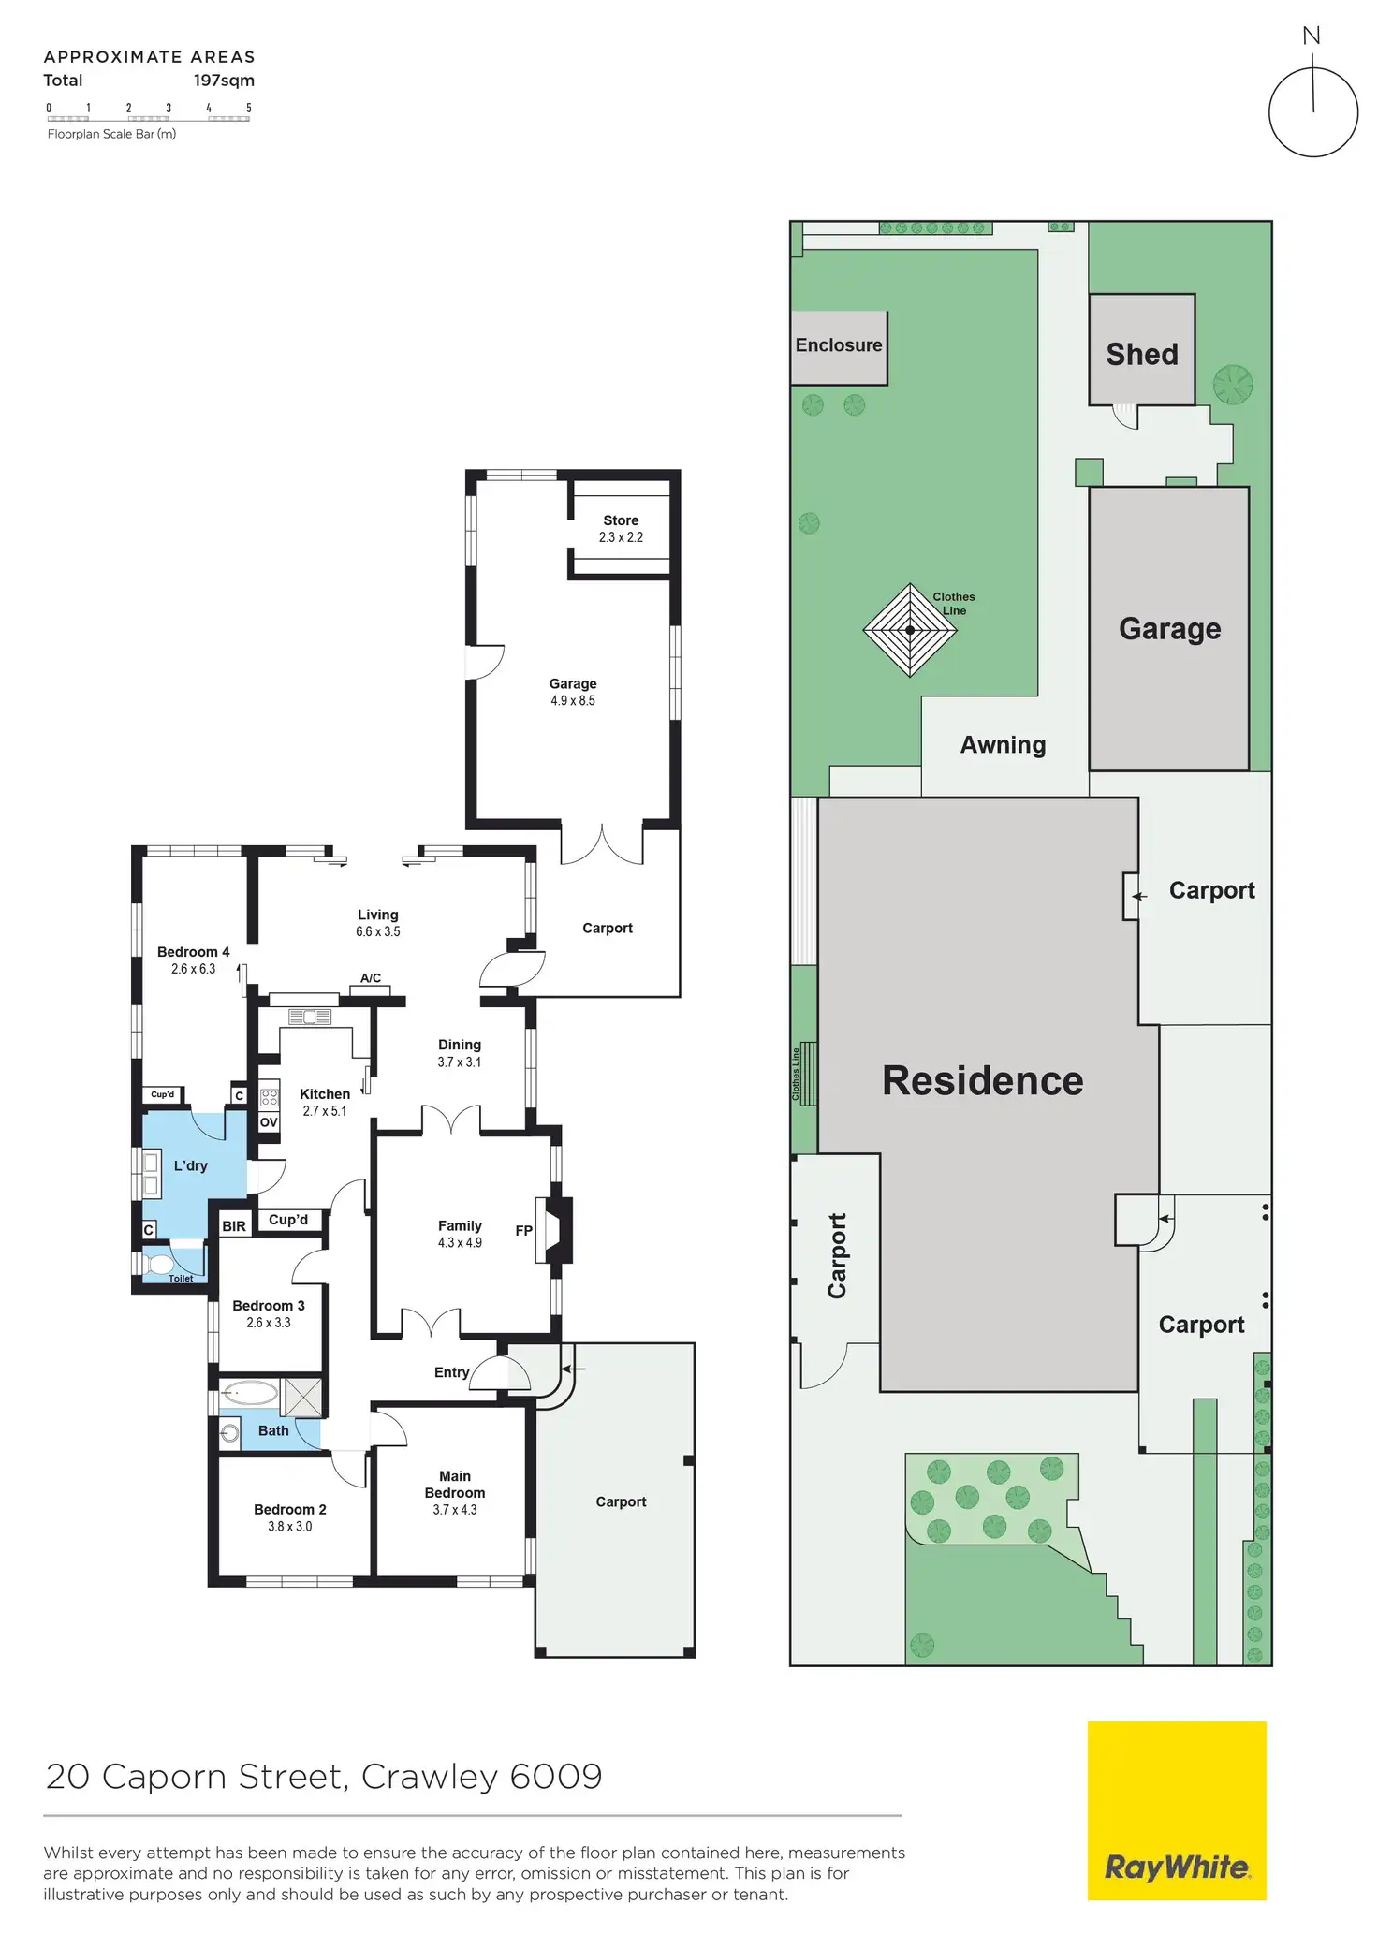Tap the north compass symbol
[x=1312, y=110]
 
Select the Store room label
[x=621, y=520]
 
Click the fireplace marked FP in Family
[x=553, y=1230]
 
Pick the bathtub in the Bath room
[x=250, y=1393]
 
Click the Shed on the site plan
[x=1141, y=353]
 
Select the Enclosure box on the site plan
[x=839, y=346]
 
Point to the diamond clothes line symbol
[x=909, y=630]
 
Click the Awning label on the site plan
[x=1003, y=745]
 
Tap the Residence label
[x=982, y=1080]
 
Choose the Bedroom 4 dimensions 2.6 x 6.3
[x=193, y=969]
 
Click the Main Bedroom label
[x=455, y=1484]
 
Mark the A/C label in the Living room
[x=371, y=978]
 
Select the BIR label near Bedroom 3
[x=234, y=1225]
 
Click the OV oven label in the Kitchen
[x=269, y=1122]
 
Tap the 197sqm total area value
[x=224, y=81]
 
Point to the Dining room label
[x=459, y=1045]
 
